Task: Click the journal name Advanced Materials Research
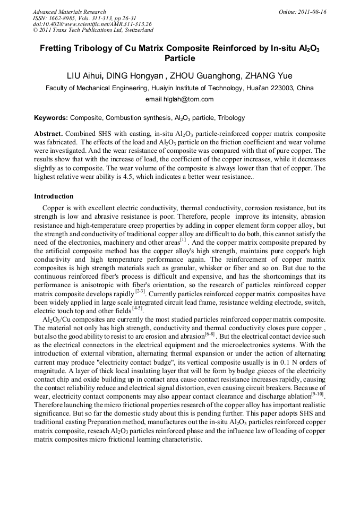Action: pos(69,12)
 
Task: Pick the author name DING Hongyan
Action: pos(133,76)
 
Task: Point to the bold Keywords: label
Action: pos(51,118)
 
